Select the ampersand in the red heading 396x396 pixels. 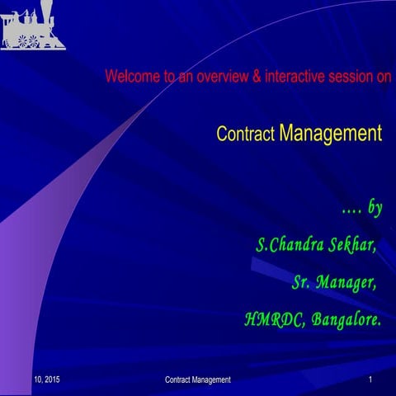click(257, 78)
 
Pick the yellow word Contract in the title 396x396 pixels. click(245, 134)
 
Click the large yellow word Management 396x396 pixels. click(330, 132)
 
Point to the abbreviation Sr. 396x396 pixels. click(304, 283)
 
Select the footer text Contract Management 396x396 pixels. click(198, 379)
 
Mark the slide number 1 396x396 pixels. click(372, 379)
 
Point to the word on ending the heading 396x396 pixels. click(383, 78)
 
